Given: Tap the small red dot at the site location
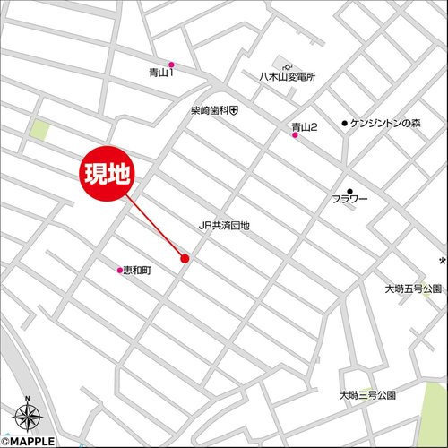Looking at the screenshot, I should coord(185,259).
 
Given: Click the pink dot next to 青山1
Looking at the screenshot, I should coord(171,65).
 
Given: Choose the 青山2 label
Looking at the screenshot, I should coord(305,126).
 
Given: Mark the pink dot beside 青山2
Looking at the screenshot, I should coord(295,135).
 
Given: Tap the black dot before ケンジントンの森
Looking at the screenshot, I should coord(344,123).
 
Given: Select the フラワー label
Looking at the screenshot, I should coord(350,200).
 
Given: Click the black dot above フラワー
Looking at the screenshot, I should coord(350,190).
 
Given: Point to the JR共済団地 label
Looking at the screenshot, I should coord(224,226).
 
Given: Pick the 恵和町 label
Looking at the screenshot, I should coord(138,269).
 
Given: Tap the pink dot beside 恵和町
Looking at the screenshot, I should coord(119,269).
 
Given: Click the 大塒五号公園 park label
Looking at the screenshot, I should coord(413,289).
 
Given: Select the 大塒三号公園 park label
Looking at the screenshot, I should coord(367,394).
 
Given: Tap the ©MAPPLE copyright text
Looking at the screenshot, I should coord(28,441).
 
